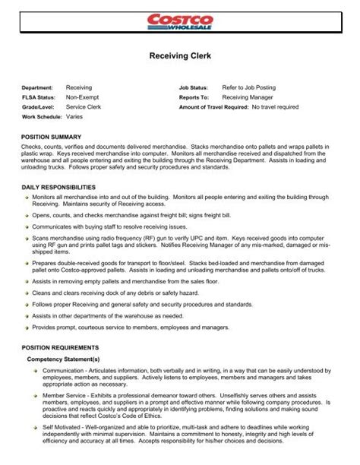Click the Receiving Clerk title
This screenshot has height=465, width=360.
[x=179, y=55]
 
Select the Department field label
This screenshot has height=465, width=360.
[x=39, y=88]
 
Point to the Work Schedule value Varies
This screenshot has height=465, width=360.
[x=75, y=117]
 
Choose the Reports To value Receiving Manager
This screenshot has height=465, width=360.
[x=249, y=97]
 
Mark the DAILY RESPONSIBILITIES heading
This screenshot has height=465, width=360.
[x=61, y=186]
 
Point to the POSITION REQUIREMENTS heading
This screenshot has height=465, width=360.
[x=62, y=349]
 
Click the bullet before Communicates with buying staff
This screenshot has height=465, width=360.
[x=27, y=226]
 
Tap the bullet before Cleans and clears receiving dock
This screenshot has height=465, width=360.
[x=27, y=293]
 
